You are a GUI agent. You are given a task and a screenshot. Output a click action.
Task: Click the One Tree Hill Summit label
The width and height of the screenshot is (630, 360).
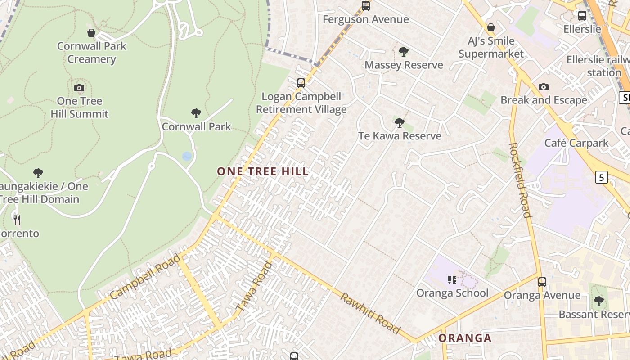click(80, 108)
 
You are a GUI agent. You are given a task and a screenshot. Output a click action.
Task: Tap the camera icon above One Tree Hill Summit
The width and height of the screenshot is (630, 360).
click(79, 88)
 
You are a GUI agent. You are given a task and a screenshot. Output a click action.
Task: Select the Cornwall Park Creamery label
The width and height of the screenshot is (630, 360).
click(92, 53)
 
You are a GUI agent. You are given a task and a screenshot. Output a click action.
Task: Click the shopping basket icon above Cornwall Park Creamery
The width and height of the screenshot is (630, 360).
click(91, 33)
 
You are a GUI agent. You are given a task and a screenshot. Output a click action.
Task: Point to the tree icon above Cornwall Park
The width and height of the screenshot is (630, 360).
click(196, 113)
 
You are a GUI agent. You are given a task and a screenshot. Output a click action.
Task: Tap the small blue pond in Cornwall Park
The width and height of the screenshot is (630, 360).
click(187, 156)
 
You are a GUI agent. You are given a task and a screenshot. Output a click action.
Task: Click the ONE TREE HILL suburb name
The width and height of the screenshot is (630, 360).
click(263, 171)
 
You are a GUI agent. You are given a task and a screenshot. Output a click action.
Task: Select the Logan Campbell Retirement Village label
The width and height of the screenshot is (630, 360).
click(301, 103)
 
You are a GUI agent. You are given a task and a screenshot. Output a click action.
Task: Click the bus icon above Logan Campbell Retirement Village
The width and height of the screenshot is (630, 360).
click(301, 83)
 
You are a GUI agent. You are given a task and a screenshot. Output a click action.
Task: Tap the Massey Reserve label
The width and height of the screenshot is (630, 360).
click(404, 65)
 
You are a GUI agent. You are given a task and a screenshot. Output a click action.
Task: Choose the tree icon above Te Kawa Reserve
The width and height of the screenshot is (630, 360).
click(399, 122)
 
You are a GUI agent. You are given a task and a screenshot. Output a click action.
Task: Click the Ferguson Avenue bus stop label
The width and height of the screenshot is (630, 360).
click(365, 19)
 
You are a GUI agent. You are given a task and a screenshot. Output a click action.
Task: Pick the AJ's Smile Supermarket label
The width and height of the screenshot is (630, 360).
click(491, 48)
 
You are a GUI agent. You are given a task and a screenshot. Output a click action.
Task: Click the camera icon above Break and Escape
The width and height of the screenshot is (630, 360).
click(544, 87)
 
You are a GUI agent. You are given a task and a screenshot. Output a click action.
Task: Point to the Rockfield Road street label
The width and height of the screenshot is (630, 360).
click(520, 180)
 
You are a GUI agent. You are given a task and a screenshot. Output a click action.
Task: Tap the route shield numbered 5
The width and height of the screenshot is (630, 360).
click(601, 177)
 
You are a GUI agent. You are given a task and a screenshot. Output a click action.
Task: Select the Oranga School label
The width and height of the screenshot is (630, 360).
click(452, 293)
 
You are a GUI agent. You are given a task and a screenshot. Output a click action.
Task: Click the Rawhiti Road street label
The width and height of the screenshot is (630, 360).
click(370, 313)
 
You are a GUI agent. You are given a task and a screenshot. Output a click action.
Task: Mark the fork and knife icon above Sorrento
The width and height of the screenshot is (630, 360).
click(17, 220)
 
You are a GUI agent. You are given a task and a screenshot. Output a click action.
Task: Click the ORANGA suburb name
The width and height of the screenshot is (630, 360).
click(465, 338)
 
